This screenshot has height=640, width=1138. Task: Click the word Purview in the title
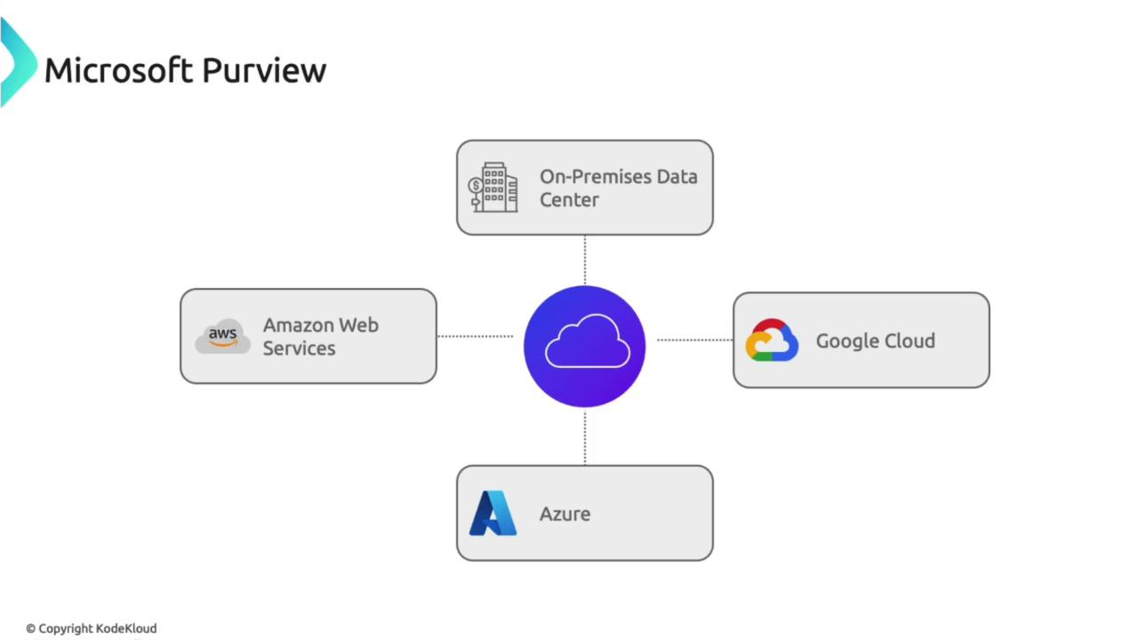click(263, 70)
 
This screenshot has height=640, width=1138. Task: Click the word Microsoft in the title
click(120, 70)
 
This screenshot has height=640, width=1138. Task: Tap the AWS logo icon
click(222, 337)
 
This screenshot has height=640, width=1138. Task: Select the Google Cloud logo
click(772, 340)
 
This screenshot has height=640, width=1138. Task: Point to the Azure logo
click(493, 513)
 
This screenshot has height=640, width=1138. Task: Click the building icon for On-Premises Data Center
click(493, 188)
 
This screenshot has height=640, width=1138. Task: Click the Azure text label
click(565, 514)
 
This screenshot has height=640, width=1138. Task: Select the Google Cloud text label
click(875, 340)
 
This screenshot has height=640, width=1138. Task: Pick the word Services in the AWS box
click(299, 348)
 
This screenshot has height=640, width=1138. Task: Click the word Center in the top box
click(569, 200)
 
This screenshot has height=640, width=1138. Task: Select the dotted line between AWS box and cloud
click(476, 336)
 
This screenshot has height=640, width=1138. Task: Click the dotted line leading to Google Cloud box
click(694, 340)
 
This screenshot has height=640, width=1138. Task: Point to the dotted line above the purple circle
click(584, 260)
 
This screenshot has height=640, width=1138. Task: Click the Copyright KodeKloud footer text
click(91, 628)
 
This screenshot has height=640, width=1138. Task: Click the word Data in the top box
click(677, 177)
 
